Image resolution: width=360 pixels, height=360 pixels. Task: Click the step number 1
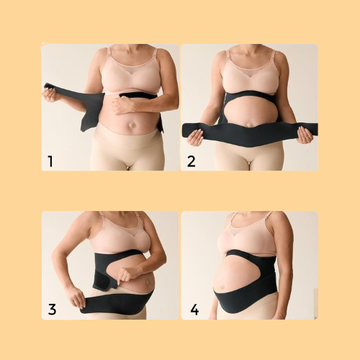[50, 161]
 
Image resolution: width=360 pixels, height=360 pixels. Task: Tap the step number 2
[191, 161]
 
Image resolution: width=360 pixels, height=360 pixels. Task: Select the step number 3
[51, 310]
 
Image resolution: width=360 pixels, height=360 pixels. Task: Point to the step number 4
[193, 310]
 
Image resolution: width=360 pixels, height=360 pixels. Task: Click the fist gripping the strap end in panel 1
[50, 93]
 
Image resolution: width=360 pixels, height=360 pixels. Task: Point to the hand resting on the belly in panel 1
[125, 104]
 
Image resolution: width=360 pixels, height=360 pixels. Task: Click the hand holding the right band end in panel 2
[305, 134]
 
